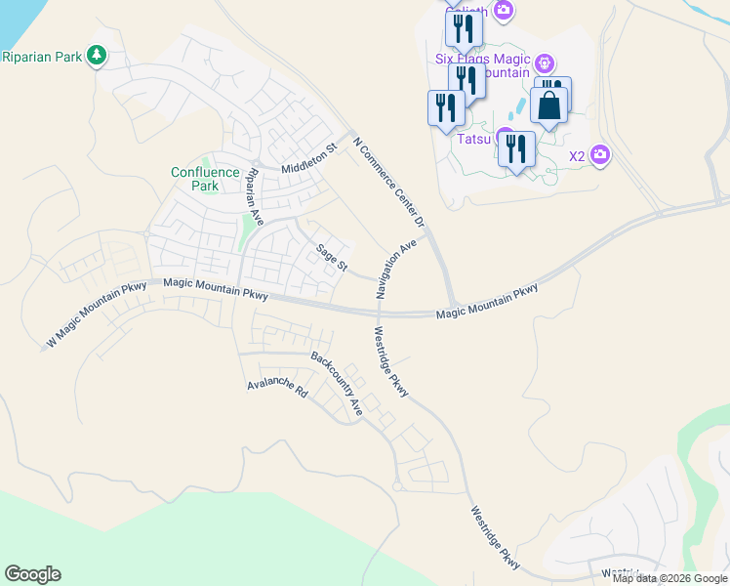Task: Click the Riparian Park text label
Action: tap(41, 57)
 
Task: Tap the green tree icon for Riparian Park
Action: tap(96, 56)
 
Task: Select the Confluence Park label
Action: tap(205, 179)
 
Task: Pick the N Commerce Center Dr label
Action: tap(388, 182)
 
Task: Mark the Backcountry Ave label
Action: tap(337, 383)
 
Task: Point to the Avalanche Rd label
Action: tap(277, 388)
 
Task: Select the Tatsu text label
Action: tap(473, 139)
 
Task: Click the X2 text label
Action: tap(577, 155)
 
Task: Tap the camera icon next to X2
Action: tap(600, 155)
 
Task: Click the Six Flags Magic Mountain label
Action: tap(484, 65)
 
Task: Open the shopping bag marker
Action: tap(549, 105)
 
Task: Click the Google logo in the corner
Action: tap(32, 574)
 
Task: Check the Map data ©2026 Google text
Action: tap(670, 578)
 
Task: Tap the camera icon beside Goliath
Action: tap(504, 11)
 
